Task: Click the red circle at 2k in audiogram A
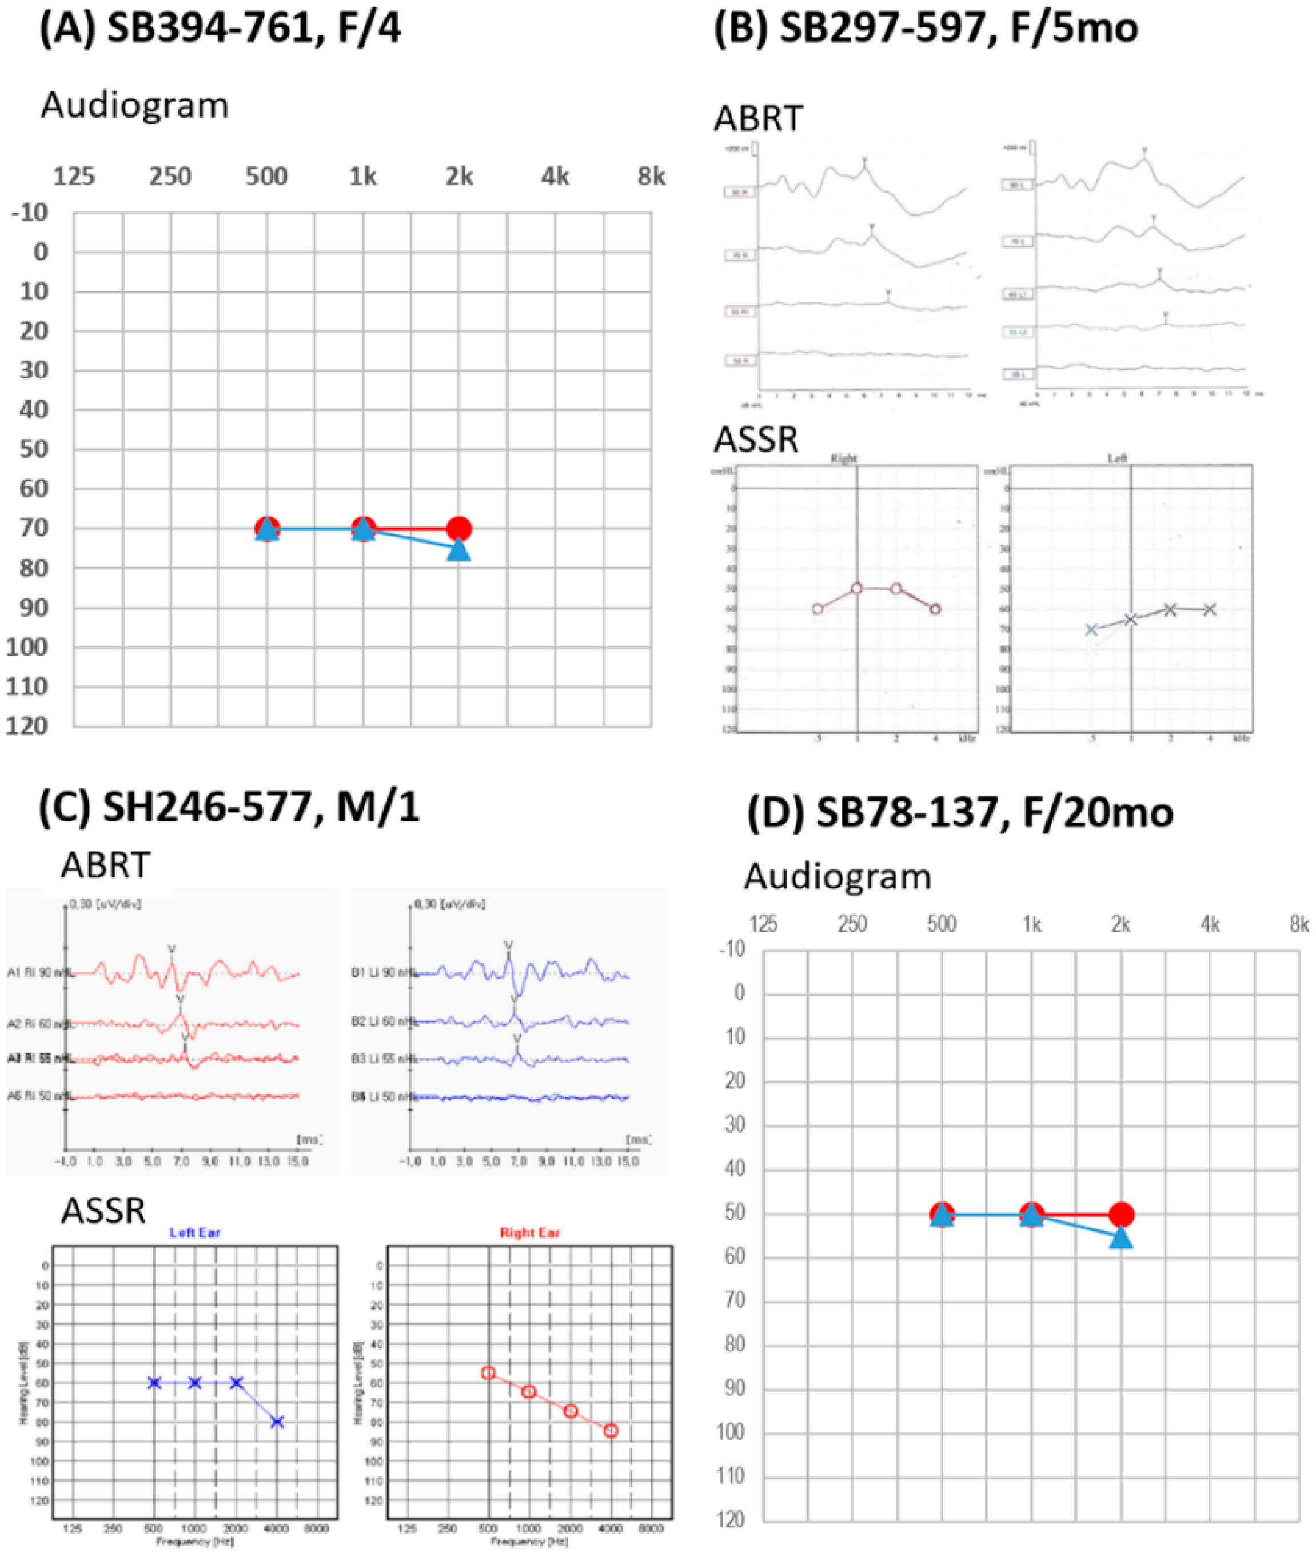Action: click(x=459, y=529)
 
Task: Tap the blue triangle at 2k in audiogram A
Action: click(x=459, y=550)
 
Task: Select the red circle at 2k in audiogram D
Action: click(x=1120, y=1215)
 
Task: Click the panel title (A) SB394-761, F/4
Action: click(x=220, y=30)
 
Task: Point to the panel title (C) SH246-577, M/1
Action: click(x=229, y=807)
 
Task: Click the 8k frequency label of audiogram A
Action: click(x=651, y=177)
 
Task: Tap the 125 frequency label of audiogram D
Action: click(x=763, y=924)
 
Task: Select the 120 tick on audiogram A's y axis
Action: click(x=27, y=726)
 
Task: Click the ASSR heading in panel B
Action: click(x=756, y=440)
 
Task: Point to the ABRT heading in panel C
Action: click(x=105, y=865)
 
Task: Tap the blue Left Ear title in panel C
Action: click(x=195, y=1233)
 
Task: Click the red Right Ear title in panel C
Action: click(x=530, y=1233)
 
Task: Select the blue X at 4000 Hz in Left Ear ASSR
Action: click(x=277, y=1423)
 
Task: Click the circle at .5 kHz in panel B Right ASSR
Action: click(x=817, y=609)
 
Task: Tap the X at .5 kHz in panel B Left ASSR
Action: click(x=1091, y=629)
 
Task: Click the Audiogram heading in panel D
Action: click(x=837, y=876)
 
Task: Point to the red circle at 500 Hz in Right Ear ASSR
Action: click(x=488, y=1373)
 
